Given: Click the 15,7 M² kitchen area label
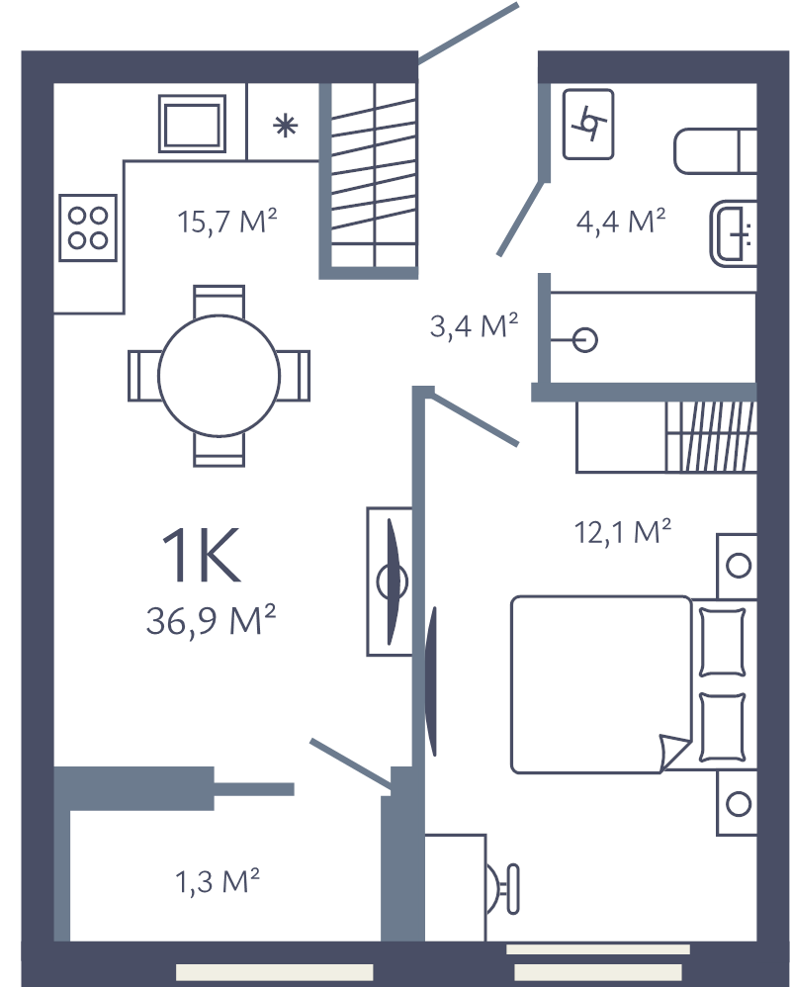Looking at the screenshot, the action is (x=227, y=222).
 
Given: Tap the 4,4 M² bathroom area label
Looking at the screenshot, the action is (x=621, y=221).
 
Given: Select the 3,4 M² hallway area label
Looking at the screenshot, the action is (x=474, y=325).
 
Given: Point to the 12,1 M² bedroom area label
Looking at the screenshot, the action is (x=622, y=532).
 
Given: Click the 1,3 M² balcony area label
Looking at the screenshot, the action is (x=218, y=881).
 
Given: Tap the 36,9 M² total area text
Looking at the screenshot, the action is (x=211, y=620).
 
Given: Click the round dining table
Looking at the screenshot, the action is (x=219, y=376).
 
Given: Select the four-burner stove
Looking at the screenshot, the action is (x=88, y=227).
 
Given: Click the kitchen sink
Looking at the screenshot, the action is (x=192, y=124).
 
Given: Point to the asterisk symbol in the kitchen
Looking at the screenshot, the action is (x=285, y=126).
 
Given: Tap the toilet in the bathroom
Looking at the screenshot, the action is (x=715, y=151).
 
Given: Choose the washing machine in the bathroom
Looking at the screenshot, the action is (x=588, y=124).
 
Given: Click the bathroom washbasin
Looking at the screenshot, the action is (x=734, y=233).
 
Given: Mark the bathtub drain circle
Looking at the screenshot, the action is (x=585, y=340).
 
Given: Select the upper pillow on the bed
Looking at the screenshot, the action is (x=723, y=642).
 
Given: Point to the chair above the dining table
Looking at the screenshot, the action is (x=219, y=302).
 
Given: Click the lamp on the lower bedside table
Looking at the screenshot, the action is (x=739, y=804).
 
